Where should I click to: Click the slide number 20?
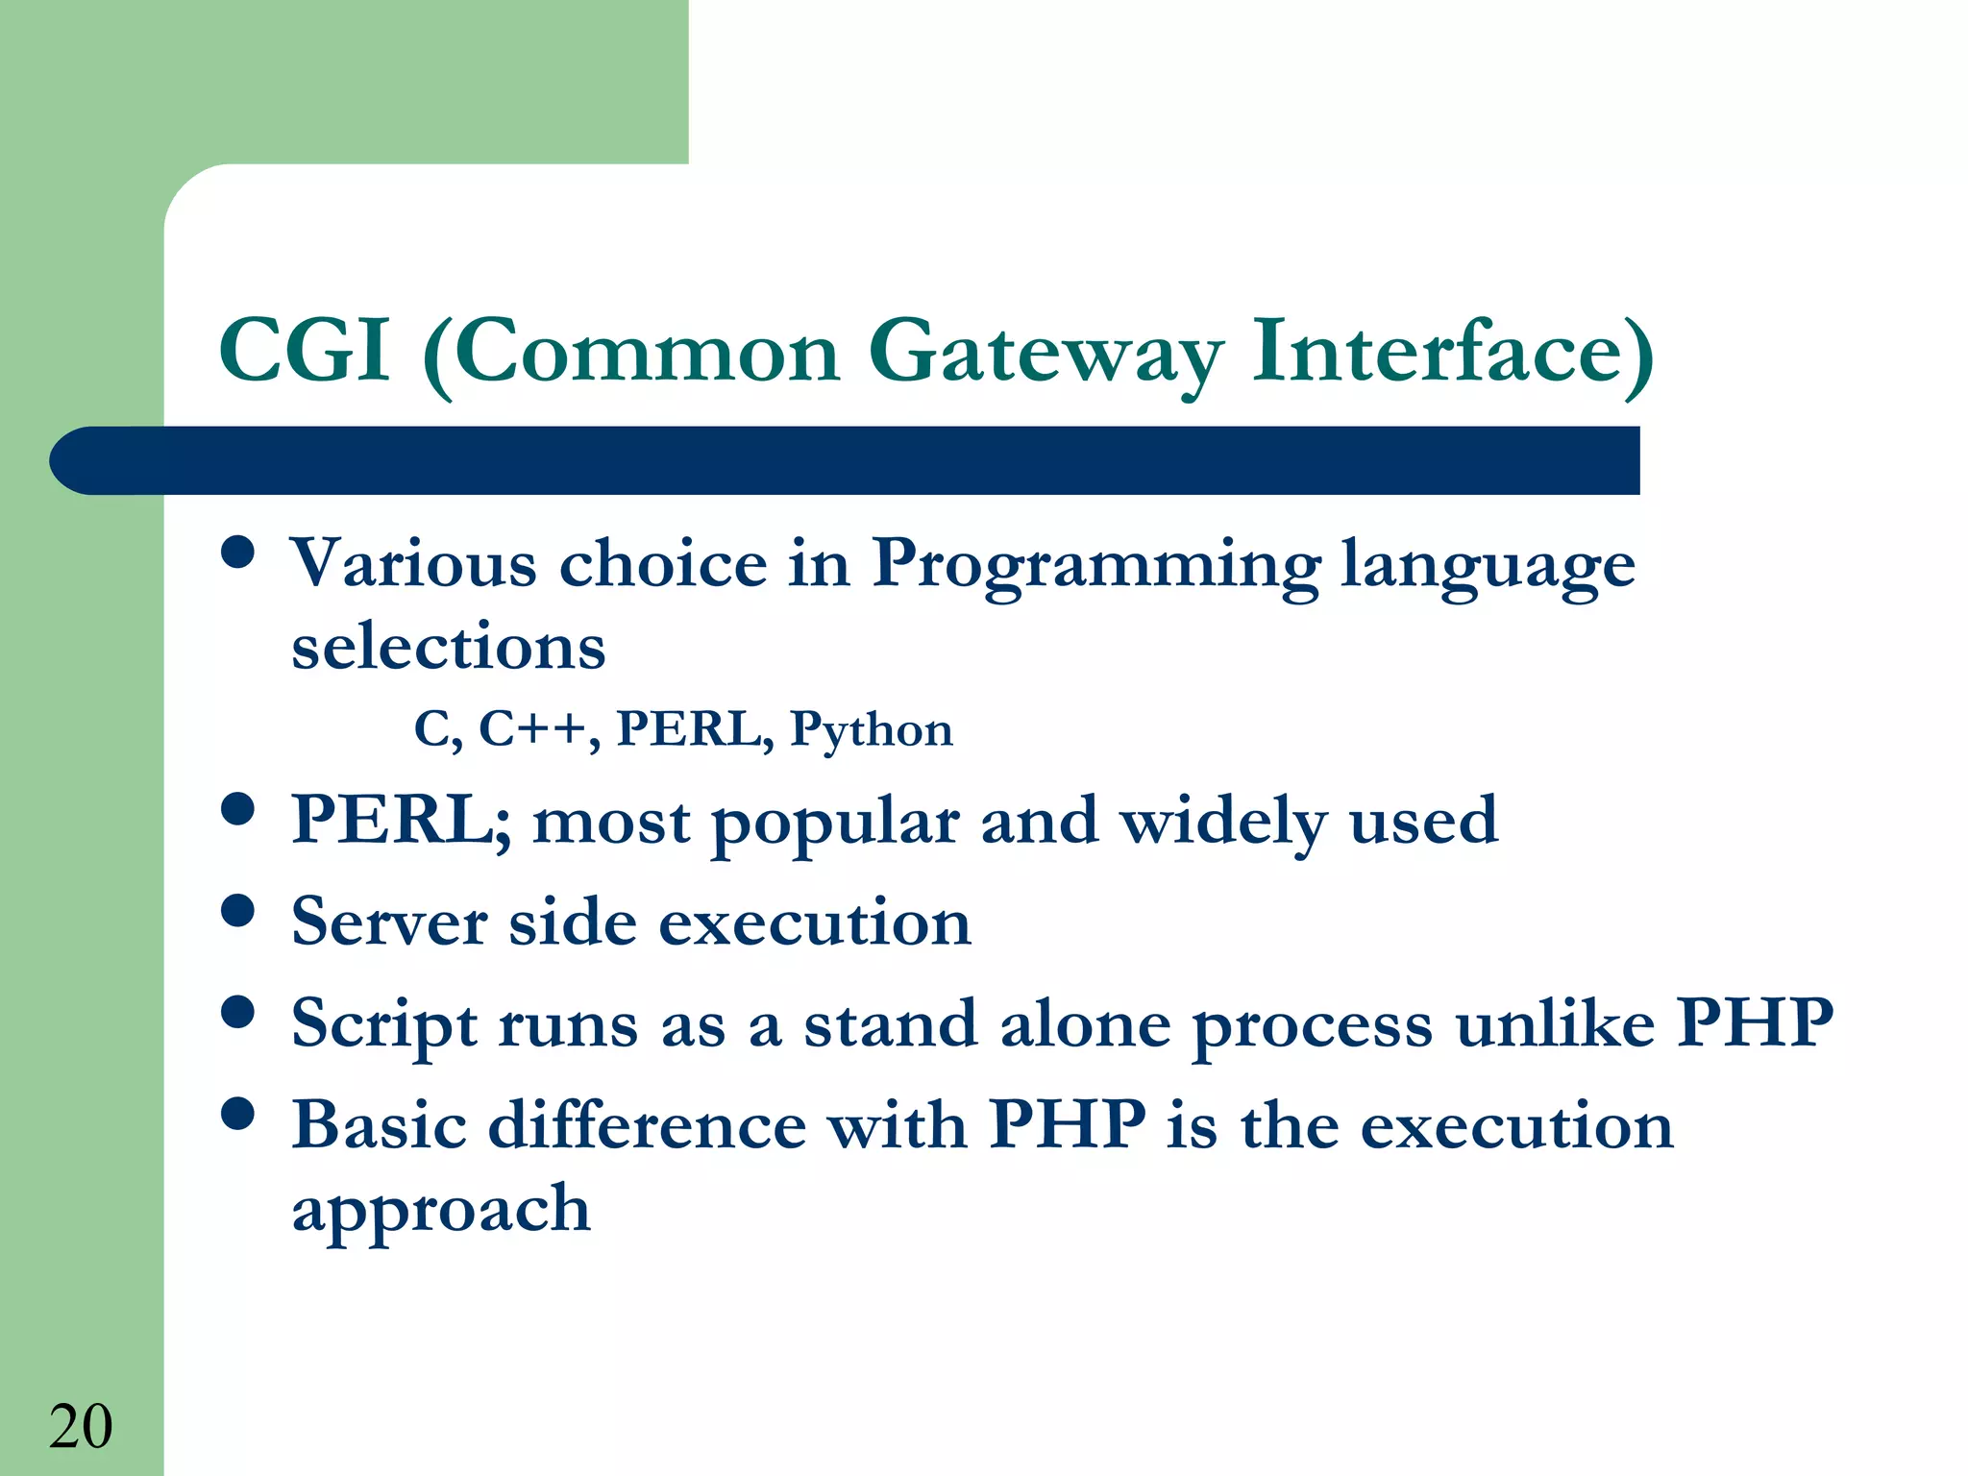[81, 1426]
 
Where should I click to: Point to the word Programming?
[1095, 565]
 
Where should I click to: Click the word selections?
[449, 647]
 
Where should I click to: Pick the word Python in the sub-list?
[871, 730]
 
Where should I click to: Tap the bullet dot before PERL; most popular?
[237, 809]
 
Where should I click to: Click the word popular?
[834, 824]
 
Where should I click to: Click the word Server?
[388, 922]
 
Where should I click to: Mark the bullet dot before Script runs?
[237, 1012]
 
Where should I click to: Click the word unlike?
[1554, 1023]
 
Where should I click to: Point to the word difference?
[647, 1125]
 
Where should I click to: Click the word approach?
[441, 1210]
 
